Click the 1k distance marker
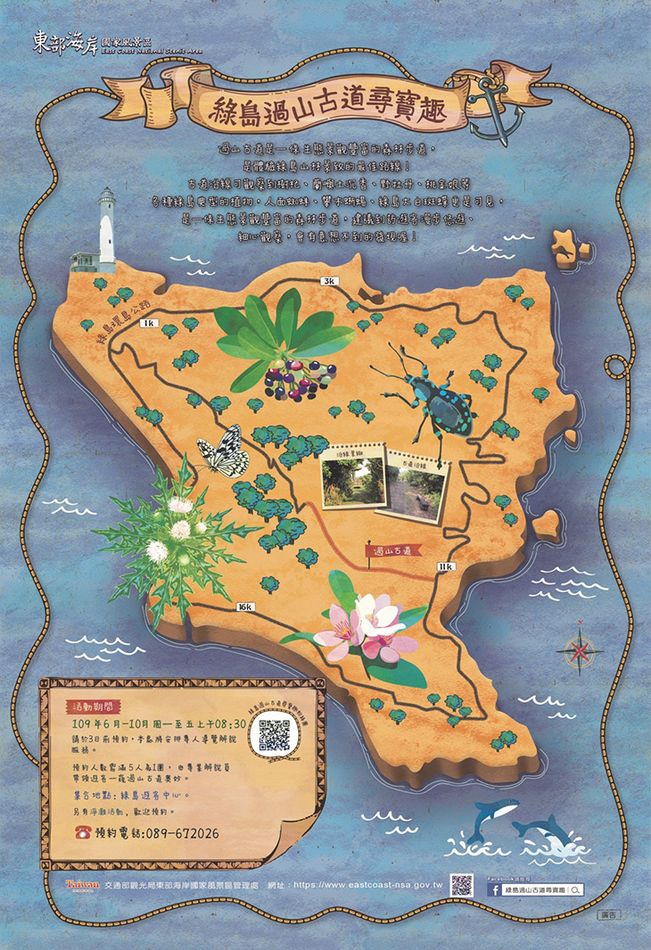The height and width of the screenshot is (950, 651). [148, 322]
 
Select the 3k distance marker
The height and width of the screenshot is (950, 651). [329, 281]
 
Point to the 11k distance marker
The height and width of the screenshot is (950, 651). [445, 566]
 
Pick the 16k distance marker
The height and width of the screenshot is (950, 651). [244, 607]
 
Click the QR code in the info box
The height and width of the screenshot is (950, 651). [276, 732]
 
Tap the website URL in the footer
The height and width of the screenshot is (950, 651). [367, 884]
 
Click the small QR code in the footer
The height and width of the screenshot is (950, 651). [461, 884]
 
